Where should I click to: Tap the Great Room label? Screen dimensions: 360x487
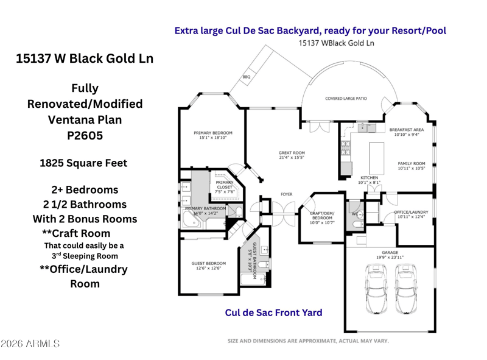pos(292,155)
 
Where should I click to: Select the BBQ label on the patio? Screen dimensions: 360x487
pos(246,77)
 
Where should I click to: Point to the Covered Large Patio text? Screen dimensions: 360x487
pos(346,98)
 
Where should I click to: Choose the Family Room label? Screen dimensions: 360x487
pos(412,166)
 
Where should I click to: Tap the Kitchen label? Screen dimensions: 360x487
pos(369,180)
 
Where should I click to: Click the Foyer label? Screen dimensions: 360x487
pos(286,194)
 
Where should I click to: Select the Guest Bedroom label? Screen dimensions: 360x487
pos(208,266)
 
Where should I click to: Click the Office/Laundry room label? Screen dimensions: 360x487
pos(412,214)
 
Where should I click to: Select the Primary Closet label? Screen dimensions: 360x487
pos(225,186)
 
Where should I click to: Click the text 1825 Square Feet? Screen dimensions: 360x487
pos(83,163)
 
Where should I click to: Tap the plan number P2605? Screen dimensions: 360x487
pos(85,136)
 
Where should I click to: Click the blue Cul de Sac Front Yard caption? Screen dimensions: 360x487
pos(273,312)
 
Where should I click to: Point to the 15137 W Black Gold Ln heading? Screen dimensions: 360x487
pos(85,58)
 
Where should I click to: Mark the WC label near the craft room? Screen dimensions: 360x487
pos(354,214)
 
